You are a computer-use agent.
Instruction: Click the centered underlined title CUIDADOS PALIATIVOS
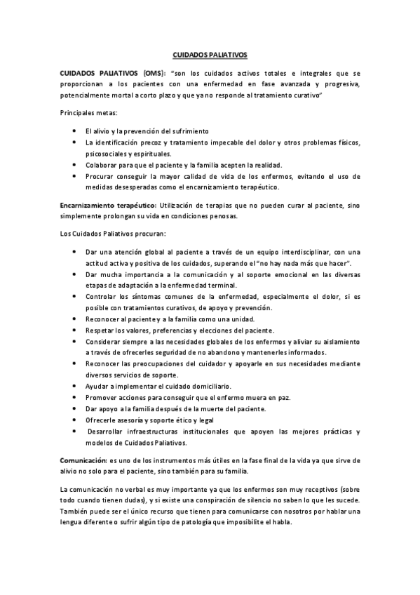[x=210, y=53]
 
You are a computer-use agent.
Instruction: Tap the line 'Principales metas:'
[x=88, y=112]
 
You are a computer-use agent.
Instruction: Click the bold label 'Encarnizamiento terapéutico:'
[x=107, y=205]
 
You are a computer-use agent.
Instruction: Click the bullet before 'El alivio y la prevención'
[x=75, y=131]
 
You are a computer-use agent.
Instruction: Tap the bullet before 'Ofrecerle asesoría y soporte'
[x=75, y=420]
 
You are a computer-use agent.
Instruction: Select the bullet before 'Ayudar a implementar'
[x=75, y=386]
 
